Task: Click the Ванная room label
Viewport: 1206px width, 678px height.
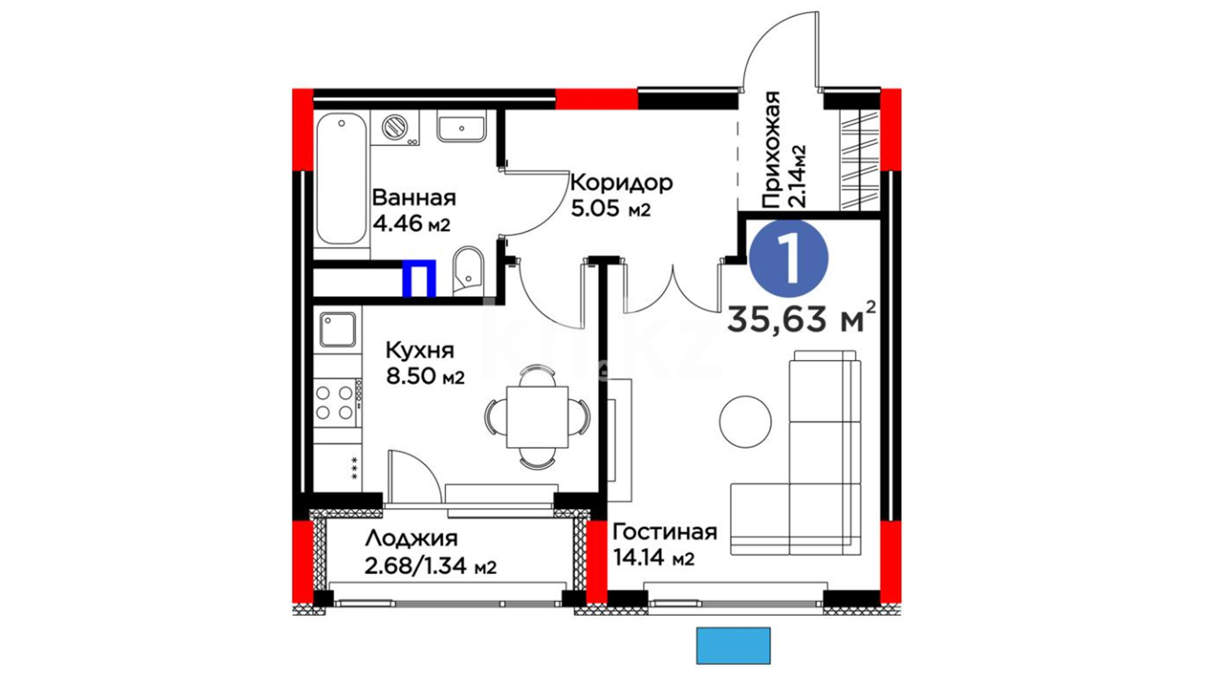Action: click(x=414, y=198)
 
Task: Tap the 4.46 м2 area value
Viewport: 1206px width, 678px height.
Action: click(x=411, y=223)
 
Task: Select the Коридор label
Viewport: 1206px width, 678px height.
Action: click(x=621, y=183)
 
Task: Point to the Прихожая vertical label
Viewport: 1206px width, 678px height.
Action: click(x=771, y=149)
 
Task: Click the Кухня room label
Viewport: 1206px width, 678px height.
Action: click(x=419, y=350)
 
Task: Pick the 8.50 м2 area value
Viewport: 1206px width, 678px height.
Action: click(x=425, y=377)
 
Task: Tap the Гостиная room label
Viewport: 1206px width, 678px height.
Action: click(x=665, y=532)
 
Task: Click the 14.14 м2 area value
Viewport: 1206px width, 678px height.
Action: click(x=653, y=557)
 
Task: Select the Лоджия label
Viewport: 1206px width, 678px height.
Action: click(x=411, y=539)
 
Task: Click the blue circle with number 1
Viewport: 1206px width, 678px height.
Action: click(x=789, y=258)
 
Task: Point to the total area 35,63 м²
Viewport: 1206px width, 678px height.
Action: click(x=801, y=318)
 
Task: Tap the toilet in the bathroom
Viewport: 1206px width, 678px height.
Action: click(x=469, y=271)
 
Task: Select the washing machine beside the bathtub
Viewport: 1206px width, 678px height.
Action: click(x=396, y=128)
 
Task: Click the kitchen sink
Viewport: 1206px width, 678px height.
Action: click(x=338, y=330)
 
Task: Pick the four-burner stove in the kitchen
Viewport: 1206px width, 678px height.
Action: click(x=337, y=402)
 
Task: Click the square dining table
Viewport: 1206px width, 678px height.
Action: click(x=537, y=417)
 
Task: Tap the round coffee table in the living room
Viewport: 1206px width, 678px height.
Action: click(x=745, y=422)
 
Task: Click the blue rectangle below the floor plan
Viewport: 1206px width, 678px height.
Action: click(x=733, y=645)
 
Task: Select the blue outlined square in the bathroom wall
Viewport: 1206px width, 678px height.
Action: click(x=419, y=277)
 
